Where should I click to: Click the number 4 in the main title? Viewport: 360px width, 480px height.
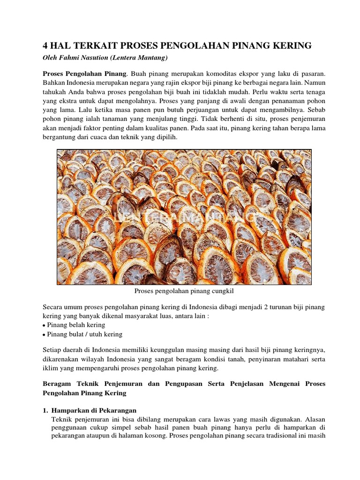pos(45,45)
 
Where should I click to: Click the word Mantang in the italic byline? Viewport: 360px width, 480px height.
pos(150,58)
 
